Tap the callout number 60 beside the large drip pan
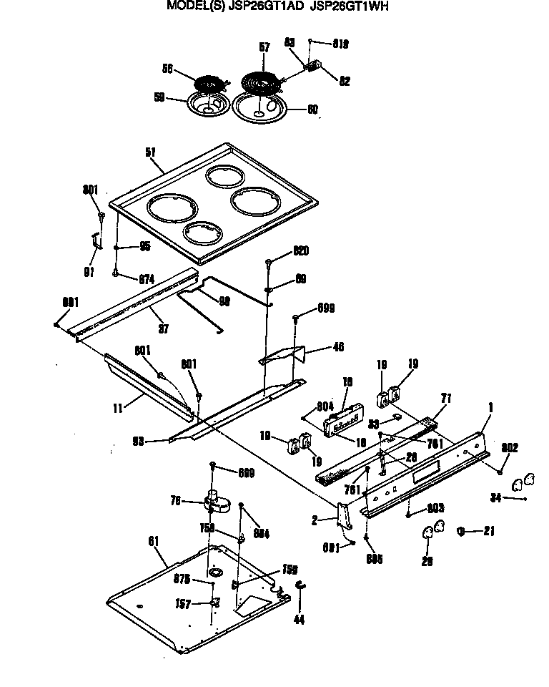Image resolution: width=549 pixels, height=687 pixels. pyautogui.click(x=312, y=110)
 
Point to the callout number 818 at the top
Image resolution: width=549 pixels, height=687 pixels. pyautogui.click(x=340, y=44)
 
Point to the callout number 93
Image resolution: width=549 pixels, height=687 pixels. pyautogui.click(x=139, y=442)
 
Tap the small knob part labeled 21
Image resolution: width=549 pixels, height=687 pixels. pyautogui.click(x=461, y=531)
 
